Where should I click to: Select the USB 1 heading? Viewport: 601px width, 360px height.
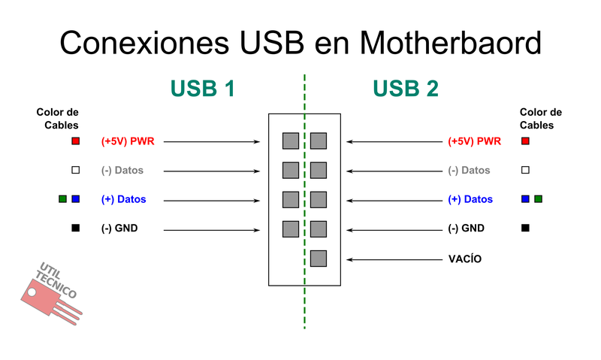[x=203, y=89]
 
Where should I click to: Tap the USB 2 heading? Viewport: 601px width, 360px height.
[x=406, y=89]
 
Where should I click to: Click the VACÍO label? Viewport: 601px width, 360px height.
[x=465, y=259]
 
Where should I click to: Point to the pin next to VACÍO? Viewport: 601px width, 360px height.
[x=319, y=259]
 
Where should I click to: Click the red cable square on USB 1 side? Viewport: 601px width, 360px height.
[x=75, y=141]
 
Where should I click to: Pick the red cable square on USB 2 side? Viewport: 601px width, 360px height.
[x=525, y=141]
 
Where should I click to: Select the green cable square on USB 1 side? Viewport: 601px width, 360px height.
[x=62, y=199]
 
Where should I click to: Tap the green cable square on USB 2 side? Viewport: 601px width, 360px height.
[x=538, y=199]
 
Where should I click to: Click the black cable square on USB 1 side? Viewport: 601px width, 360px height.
[x=75, y=228]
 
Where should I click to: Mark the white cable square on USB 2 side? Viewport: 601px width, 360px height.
[x=525, y=170]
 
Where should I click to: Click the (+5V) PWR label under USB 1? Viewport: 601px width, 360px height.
[x=128, y=141]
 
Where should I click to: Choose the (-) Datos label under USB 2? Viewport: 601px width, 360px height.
[x=469, y=171]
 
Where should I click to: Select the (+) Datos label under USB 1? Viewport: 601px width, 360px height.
[x=123, y=200]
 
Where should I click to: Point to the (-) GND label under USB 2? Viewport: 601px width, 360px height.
[x=466, y=228]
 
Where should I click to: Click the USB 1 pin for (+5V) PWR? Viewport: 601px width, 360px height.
[x=290, y=141]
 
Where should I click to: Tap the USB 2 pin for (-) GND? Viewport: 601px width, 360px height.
[x=319, y=229]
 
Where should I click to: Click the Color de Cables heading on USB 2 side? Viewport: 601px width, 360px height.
[x=541, y=119]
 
